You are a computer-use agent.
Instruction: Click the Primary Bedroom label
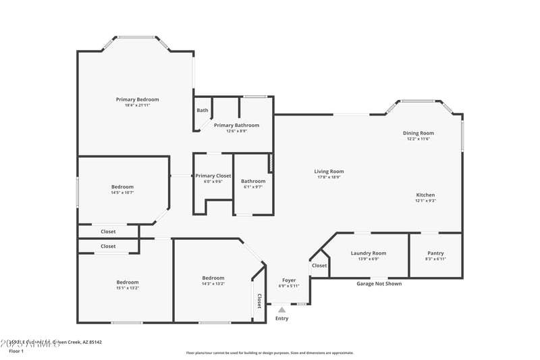[137, 99]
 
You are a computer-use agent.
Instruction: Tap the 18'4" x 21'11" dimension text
[137, 105]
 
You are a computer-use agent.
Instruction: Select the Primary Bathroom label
[236, 125]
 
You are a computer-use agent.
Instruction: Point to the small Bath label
[202, 110]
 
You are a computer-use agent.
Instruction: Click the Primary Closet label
[213, 176]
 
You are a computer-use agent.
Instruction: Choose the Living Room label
[329, 171]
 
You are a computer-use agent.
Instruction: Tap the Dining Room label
[418, 133]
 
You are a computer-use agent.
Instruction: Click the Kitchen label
[425, 195]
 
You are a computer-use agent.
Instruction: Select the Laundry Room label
[369, 253]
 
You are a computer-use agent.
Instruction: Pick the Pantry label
[435, 253]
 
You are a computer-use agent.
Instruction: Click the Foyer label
[289, 280]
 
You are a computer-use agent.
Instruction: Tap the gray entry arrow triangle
[281, 310]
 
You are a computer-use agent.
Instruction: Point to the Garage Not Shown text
[379, 284]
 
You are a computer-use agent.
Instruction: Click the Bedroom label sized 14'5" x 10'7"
[122, 186]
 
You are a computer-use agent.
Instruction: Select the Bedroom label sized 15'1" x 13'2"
[128, 282]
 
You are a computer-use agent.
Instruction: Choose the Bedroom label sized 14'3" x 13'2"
[213, 278]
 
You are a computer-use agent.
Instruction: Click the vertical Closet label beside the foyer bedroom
[259, 301]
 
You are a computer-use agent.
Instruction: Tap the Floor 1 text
[16, 351]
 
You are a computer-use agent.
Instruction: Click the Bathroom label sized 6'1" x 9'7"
[253, 181]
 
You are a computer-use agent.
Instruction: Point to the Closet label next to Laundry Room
[319, 265]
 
